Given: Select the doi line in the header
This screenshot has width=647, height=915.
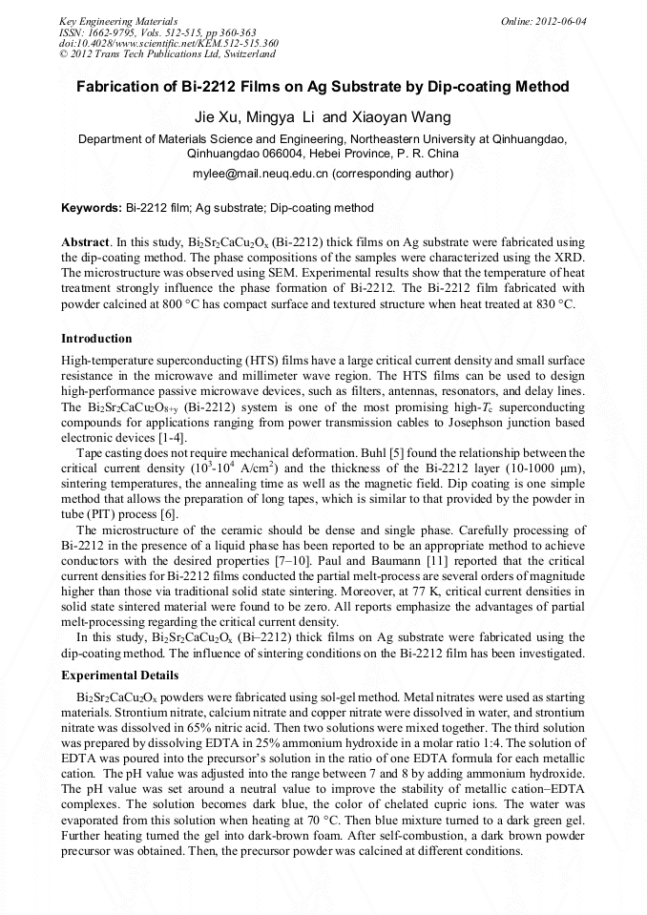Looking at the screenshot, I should click(x=169, y=43).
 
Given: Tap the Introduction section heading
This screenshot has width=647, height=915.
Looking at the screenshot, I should click(x=96, y=339).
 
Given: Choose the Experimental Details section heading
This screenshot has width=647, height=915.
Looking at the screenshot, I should click(x=119, y=675).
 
